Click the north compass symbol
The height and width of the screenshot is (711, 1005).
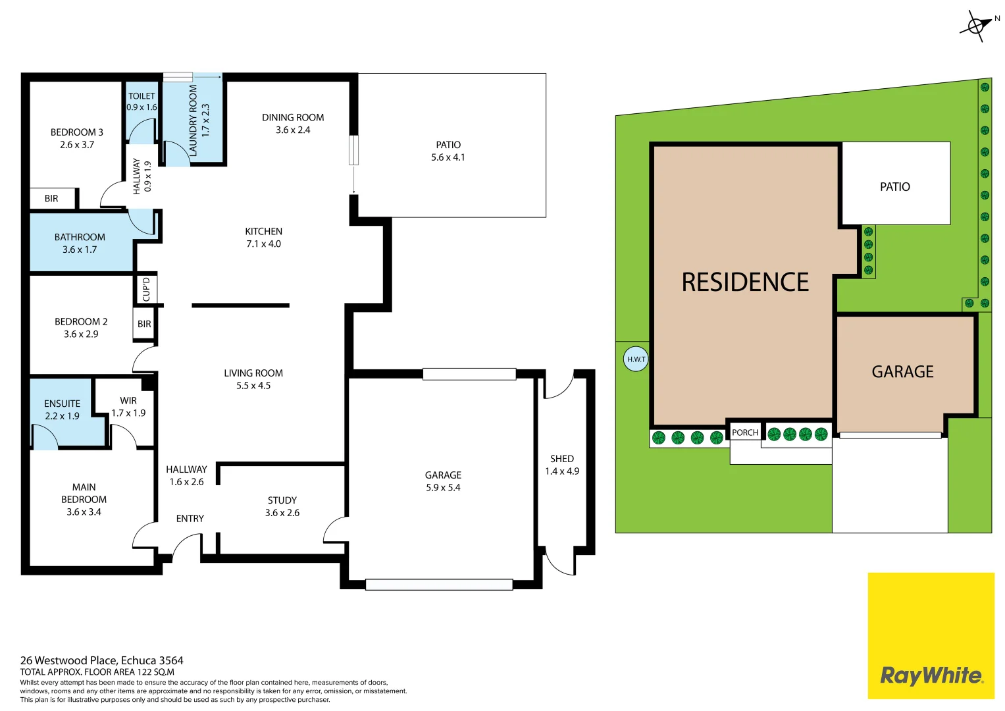pos(976,26)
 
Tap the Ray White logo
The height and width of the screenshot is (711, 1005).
pos(931,675)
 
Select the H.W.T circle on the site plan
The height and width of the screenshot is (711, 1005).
pos(636,359)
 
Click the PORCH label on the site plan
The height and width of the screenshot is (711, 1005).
pos(745,433)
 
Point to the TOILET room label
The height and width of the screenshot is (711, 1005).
pos(142,96)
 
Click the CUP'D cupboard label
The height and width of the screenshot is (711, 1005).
pos(146,289)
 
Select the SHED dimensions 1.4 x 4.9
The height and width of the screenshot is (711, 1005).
pos(562,471)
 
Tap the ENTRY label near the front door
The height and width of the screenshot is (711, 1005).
pos(190,519)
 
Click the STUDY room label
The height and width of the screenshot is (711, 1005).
pos(282,500)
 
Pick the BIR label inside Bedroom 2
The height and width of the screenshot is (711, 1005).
pos(144,324)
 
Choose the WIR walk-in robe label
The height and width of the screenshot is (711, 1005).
pos(128,400)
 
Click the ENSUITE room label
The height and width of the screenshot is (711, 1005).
pos(62,404)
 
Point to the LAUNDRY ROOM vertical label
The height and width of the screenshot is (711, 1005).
pos(193,120)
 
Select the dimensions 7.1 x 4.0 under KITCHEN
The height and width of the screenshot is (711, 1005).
pos(263,244)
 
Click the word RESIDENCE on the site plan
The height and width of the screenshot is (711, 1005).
pos(745,282)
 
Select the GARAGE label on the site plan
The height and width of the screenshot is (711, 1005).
pos(902,372)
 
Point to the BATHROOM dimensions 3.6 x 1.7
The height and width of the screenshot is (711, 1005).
pos(80,250)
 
